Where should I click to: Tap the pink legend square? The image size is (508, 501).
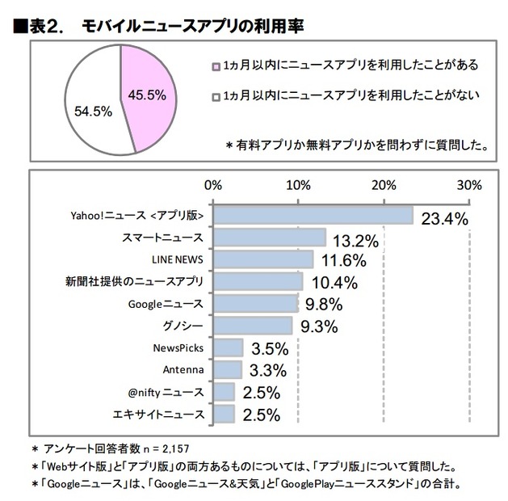[x=216, y=65]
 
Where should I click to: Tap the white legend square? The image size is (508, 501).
[x=216, y=96]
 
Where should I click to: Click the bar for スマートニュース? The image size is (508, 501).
[x=270, y=238]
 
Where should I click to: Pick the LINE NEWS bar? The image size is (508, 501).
[x=263, y=259]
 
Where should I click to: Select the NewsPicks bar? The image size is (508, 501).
[x=229, y=347]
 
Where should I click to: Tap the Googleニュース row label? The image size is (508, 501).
[x=166, y=304]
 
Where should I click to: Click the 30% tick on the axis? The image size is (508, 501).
[x=469, y=183]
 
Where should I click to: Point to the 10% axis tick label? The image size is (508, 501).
[x=299, y=183]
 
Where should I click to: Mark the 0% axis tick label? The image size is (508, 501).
[x=213, y=183]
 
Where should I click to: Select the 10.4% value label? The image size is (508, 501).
[x=335, y=283]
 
